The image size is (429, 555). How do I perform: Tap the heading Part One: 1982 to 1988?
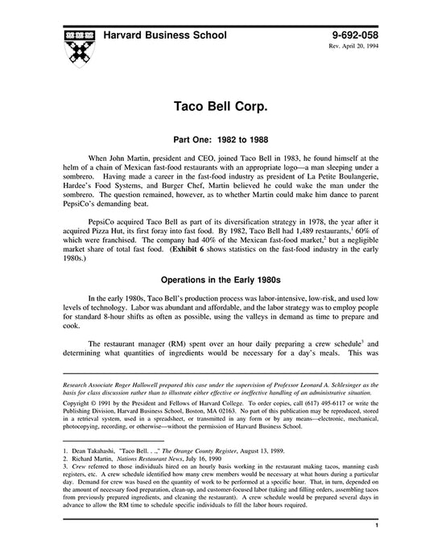tap(213, 138)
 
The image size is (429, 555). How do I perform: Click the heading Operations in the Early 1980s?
tap(213, 282)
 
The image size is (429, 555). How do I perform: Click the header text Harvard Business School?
tap(164, 35)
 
